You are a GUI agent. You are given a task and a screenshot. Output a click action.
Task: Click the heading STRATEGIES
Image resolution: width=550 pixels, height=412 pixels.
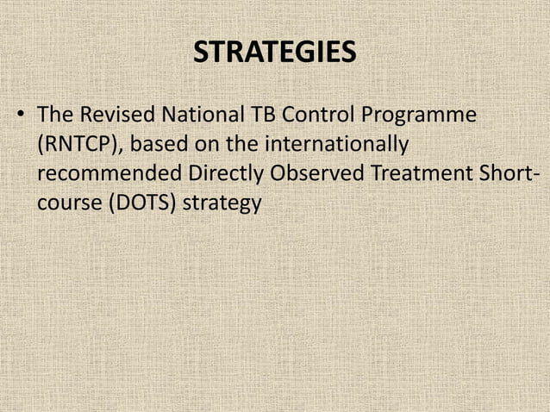tap(274, 53)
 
